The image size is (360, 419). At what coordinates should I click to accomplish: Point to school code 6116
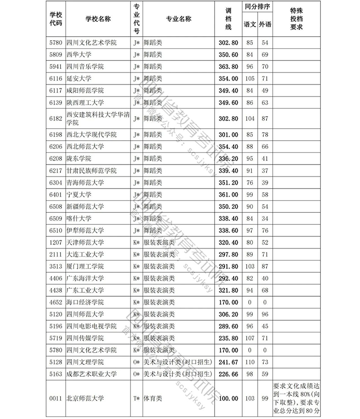tap(56, 78)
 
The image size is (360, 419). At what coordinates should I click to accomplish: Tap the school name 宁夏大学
tap(78, 194)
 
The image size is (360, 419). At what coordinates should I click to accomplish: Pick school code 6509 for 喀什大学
tap(56, 218)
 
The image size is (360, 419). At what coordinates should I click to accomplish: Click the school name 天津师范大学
tap(85, 242)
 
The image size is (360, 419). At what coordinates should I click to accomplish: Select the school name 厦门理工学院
tap(85, 266)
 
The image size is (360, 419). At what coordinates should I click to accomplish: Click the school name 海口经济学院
tap(85, 302)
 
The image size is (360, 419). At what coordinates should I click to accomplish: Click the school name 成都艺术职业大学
tap(91, 374)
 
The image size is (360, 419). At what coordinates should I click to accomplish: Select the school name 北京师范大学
tap(85, 398)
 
